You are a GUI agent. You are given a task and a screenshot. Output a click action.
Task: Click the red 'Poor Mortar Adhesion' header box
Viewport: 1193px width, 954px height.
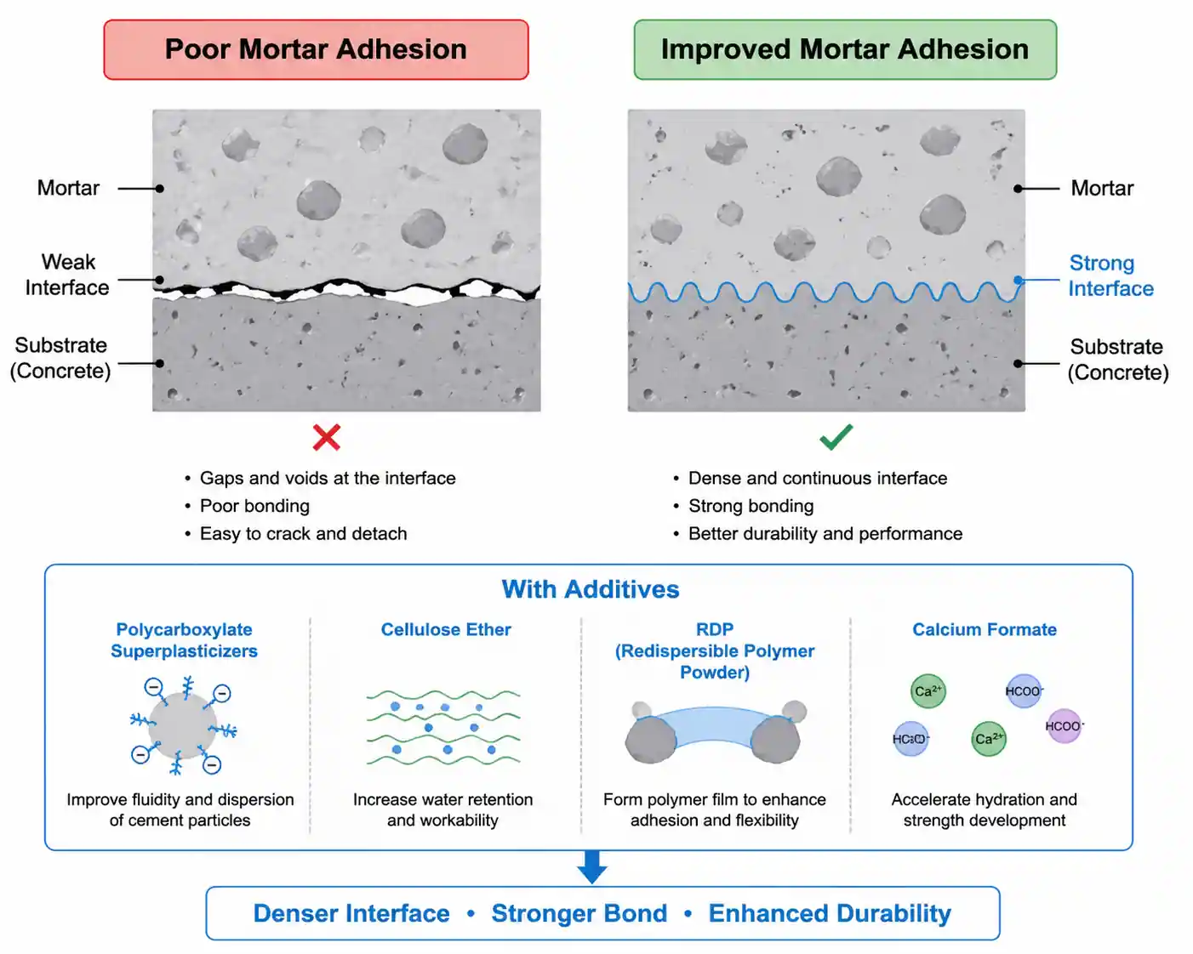click(x=316, y=50)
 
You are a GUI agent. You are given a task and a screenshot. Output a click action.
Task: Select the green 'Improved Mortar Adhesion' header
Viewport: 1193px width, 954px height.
click(x=844, y=50)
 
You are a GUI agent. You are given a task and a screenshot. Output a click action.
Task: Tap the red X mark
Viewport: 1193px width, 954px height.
click(x=327, y=437)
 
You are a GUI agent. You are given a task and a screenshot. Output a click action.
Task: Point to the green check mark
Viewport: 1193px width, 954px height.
click(x=836, y=437)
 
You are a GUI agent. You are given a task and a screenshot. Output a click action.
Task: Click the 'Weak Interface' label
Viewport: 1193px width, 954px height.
click(x=67, y=275)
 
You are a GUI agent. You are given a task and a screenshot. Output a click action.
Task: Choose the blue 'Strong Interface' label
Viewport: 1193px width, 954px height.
click(x=1110, y=275)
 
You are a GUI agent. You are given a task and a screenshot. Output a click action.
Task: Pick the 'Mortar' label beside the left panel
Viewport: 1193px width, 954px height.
click(x=68, y=188)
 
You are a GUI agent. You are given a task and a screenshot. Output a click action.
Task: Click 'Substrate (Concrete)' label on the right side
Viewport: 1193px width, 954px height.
click(x=1117, y=360)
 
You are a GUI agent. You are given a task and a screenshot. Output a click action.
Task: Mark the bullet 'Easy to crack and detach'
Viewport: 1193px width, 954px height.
click(x=303, y=534)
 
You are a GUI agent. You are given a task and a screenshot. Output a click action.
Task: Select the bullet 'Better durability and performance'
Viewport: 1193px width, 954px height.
click(x=825, y=534)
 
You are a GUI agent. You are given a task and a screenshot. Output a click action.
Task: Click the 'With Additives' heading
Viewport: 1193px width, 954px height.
click(x=591, y=589)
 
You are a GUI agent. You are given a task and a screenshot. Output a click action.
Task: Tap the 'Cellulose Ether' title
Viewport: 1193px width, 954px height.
click(x=446, y=630)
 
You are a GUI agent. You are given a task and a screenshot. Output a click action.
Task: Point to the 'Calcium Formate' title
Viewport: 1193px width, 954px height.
click(x=984, y=630)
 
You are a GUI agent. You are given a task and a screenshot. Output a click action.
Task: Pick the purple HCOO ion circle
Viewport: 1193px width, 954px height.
click(x=1063, y=726)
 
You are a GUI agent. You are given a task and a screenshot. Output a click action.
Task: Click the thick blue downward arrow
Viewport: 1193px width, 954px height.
click(x=591, y=867)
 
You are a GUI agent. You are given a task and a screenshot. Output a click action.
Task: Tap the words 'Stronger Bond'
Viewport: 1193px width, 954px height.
click(x=579, y=913)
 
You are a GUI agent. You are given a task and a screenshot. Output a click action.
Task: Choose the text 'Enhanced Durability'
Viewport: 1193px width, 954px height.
click(x=830, y=913)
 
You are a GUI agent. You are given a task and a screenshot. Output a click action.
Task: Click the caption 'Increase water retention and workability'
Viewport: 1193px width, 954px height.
click(x=442, y=810)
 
